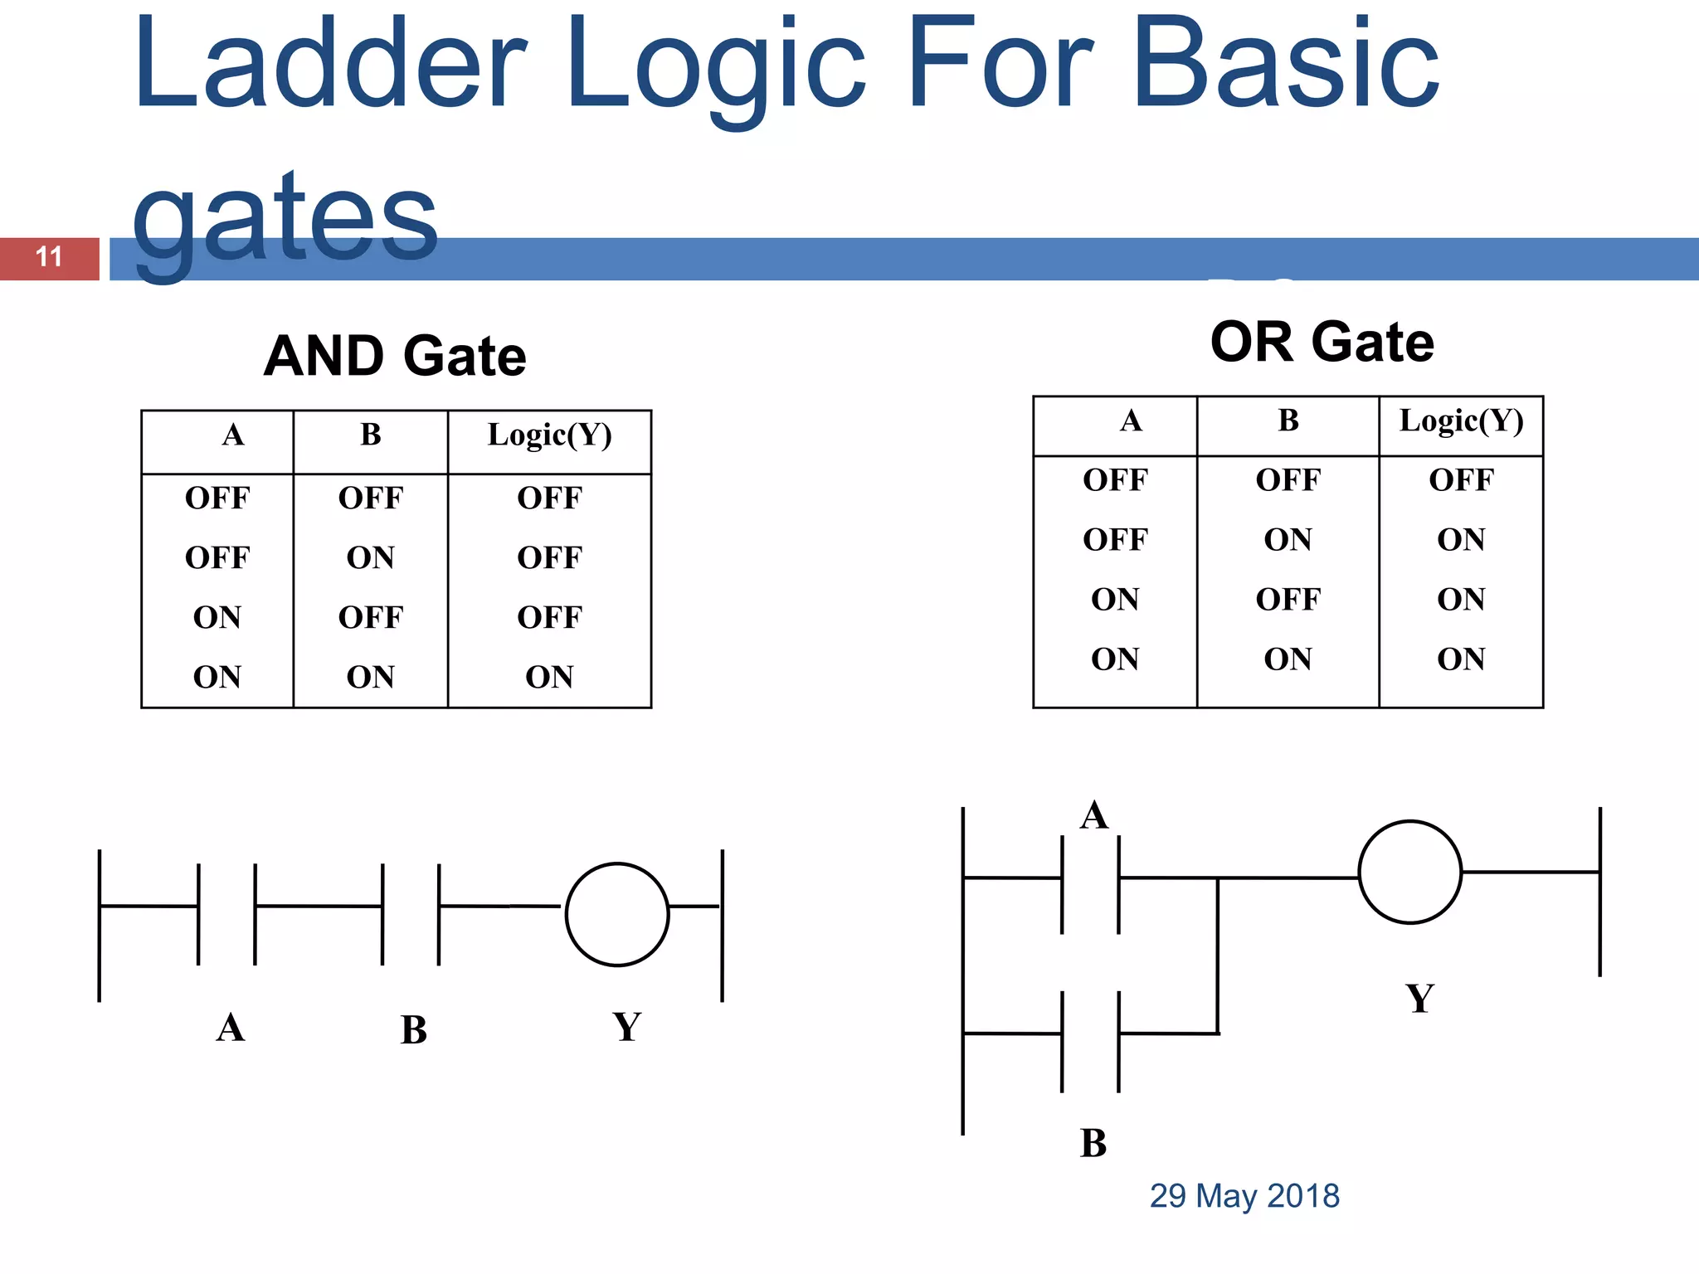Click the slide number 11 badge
(50, 258)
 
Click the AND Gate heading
(395, 357)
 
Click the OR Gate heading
(1322, 343)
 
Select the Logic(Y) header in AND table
(549, 435)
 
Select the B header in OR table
(1288, 421)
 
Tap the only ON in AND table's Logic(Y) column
(549, 678)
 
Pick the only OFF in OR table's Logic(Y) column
(1461, 480)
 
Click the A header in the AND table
(233, 435)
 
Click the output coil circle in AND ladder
(617, 914)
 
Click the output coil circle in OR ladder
(1409, 872)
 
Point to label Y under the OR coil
(1419, 999)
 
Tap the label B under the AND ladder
(413, 1030)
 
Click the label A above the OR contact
(1094, 815)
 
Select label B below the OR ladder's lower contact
(1093, 1144)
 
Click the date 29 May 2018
(1244, 1196)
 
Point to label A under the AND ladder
(231, 1028)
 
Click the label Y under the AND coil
(627, 1027)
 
